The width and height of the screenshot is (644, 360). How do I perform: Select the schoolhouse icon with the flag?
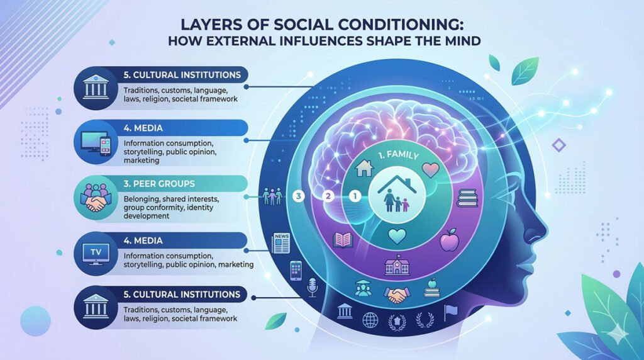point(396,267)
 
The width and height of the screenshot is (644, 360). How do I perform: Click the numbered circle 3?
point(299,196)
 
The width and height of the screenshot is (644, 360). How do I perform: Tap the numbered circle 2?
point(327,196)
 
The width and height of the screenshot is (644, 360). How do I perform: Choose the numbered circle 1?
point(354,196)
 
